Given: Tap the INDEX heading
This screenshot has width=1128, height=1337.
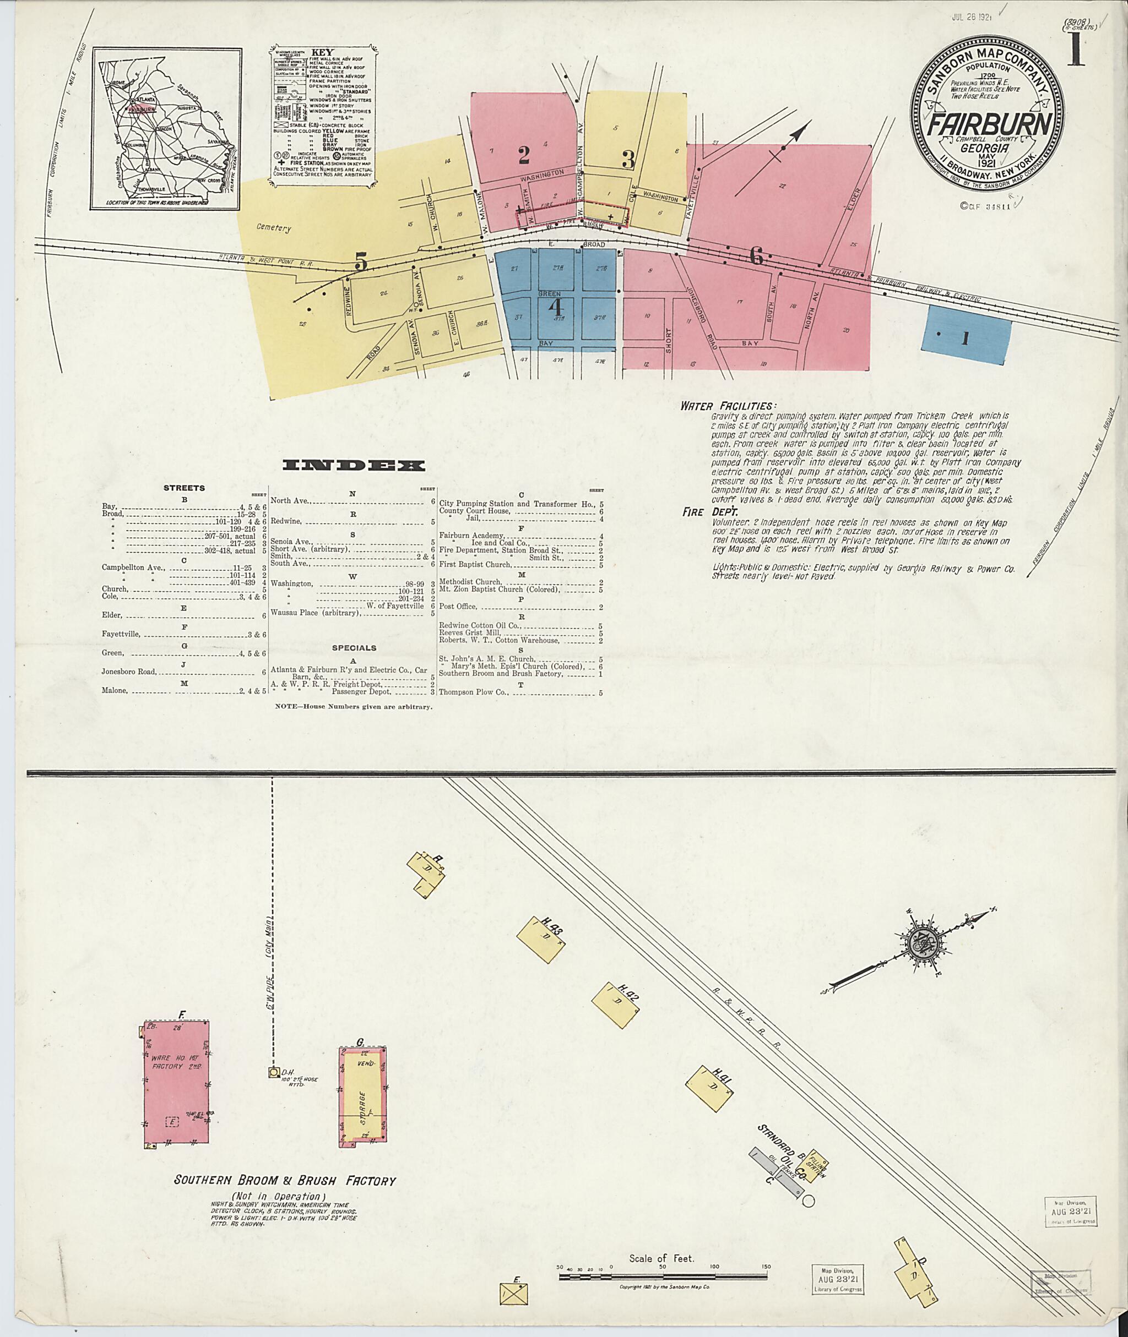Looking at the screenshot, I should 353,465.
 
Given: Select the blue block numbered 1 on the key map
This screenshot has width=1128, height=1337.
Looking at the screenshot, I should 966,337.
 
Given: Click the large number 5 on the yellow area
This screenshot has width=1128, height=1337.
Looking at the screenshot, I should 361,263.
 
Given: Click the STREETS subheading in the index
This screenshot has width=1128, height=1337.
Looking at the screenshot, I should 184,488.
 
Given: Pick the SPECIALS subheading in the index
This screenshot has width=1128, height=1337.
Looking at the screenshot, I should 354,647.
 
